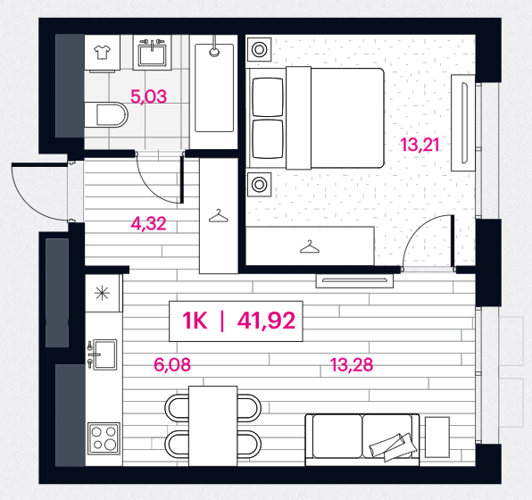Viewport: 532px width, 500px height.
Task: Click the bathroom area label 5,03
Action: point(148,96)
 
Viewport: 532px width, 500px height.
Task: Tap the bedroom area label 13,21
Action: point(420,145)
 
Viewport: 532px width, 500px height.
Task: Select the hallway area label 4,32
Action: point(148,224)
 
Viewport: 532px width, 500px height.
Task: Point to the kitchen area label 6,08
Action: point(172,365)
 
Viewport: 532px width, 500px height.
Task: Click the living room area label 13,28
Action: point(352,365)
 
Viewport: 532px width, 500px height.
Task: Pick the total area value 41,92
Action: point(266,321)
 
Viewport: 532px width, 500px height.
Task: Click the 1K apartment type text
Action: point(195,321)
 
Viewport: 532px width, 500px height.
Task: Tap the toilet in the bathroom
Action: point(106,114)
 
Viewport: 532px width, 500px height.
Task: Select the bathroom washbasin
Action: point(152,53)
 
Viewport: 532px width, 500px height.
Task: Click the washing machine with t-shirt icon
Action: point(102,54)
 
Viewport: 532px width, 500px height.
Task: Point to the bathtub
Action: point(214,87)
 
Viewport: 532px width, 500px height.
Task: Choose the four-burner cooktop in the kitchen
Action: point(104,438)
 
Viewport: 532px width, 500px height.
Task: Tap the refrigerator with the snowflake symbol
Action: point(103,293)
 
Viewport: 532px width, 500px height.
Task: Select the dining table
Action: point(212,426)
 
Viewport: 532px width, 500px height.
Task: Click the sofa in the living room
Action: point(362,439)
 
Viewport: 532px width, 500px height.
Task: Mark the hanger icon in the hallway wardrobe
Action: point(218,215)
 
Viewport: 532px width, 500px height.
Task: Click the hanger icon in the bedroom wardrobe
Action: point(310,246)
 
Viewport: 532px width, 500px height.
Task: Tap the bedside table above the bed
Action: point(259,50)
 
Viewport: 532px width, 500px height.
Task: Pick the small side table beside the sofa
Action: point(437,437)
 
